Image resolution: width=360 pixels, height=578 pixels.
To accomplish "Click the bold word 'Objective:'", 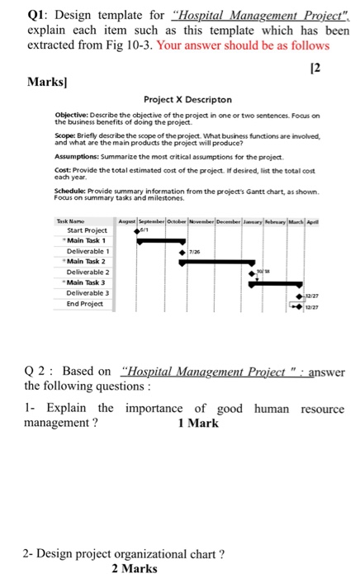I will click(x=71, y=116).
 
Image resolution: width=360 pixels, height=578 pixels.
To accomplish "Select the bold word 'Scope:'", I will click(x=66, y=139).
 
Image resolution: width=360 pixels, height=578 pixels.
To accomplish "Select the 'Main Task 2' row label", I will click(x=88, y=261).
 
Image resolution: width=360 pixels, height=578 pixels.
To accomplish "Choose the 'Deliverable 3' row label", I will click(x=88, y=292).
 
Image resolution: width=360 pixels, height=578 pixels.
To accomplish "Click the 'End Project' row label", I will click(x=86, y=303).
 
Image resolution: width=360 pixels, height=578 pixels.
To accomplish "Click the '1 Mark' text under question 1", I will click(x=198, y=424).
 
